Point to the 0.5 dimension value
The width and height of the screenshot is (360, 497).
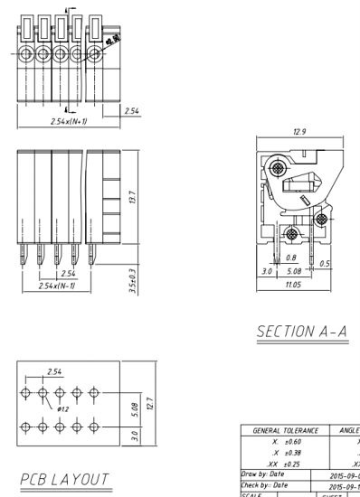click(x=325, y=263)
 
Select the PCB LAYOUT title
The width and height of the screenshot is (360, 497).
click(x=64, y=478)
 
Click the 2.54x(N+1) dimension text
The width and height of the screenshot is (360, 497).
click(x=68, y=119)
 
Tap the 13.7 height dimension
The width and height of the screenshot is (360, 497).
click(x=133, y=196)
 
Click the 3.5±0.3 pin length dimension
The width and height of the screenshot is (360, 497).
click(x=133, y=280)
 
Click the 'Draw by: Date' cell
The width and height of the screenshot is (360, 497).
click(x=263, y=473)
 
